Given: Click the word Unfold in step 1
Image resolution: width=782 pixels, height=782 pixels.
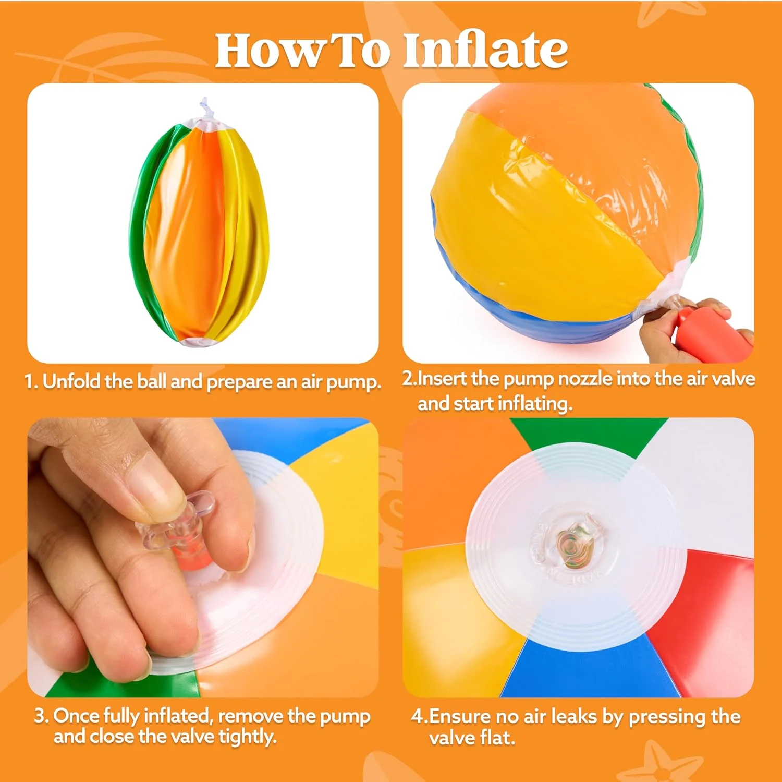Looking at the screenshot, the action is (71, 381).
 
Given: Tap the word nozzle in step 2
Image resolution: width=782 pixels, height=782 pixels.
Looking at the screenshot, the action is (585, 378).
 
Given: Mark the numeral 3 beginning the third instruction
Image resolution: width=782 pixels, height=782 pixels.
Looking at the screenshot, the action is (40, 716).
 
